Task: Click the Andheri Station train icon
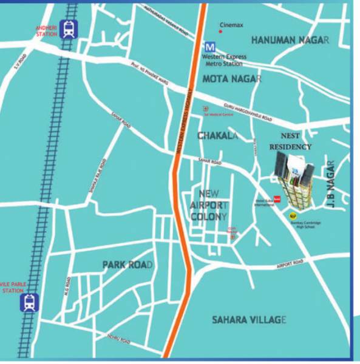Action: tap(68, 30)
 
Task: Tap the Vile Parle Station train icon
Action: tap(29, 302)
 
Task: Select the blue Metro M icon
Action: tap(210, 46)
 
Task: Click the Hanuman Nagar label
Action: tap(290, 40)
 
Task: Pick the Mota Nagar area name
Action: tap(231, 79)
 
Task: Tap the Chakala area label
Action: tap(216, 136)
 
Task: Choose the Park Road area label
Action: tap(127, 265)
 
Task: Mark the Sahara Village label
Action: tap(248, 320)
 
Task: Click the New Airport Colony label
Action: tap(208, 204)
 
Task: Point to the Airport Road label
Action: tap(290, 264)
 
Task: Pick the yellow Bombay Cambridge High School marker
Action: tap(293, 214)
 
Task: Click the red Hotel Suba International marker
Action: tap(276, 198)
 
